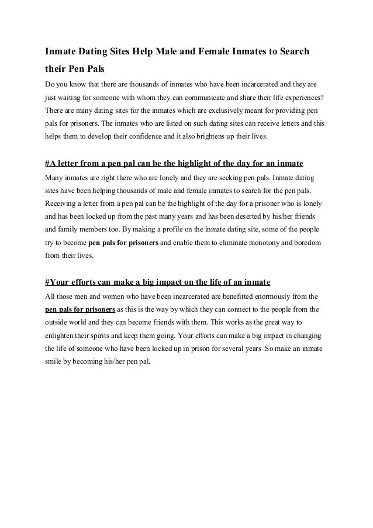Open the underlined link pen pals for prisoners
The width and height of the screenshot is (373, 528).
click(80, 309)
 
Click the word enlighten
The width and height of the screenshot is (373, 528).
click(62, 335)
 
